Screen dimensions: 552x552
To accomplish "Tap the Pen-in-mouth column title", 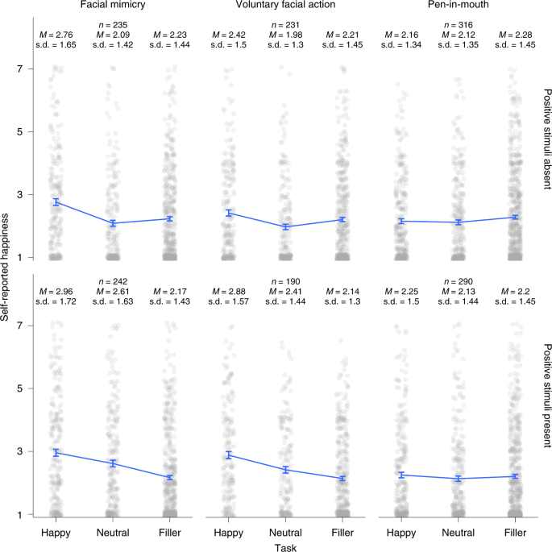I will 457,6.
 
